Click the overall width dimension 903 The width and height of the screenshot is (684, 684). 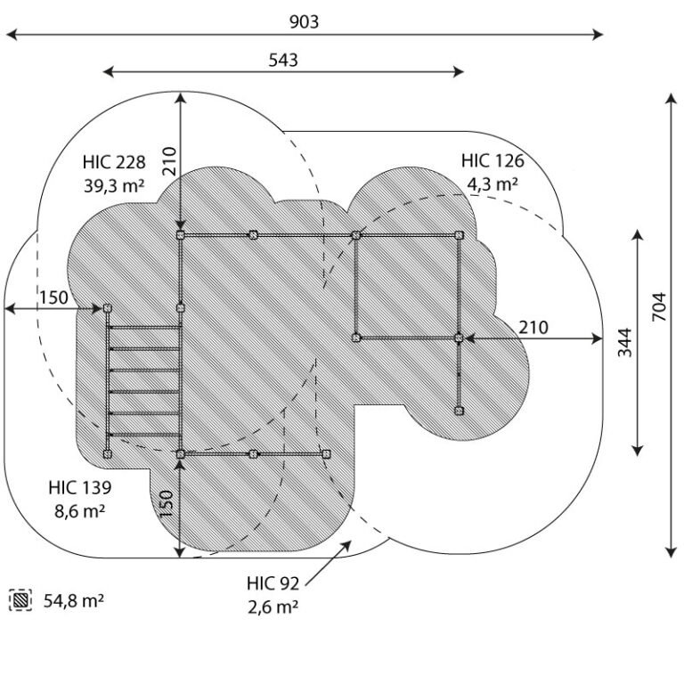[304, 21]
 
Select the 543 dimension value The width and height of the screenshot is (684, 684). [283, 60]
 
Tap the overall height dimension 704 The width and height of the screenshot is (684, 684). [659, 307]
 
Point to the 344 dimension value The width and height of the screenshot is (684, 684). [624, 342]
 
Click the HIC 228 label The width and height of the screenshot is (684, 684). [114, 162]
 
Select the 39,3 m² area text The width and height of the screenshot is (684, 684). [114, 185]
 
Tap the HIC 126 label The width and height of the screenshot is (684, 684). [493, 160]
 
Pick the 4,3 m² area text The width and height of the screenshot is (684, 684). [493, 183]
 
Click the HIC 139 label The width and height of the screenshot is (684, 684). [80, 487]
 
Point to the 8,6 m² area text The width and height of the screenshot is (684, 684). [80, 510]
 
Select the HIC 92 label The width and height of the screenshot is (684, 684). [273, 583]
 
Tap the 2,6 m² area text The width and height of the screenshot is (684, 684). [273, 607]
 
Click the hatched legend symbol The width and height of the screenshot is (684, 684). [20, 600]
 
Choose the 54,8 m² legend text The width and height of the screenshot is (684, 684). [74, 600]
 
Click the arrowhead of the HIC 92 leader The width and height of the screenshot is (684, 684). [346, 545]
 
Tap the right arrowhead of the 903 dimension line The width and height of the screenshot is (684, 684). [598, 35]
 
